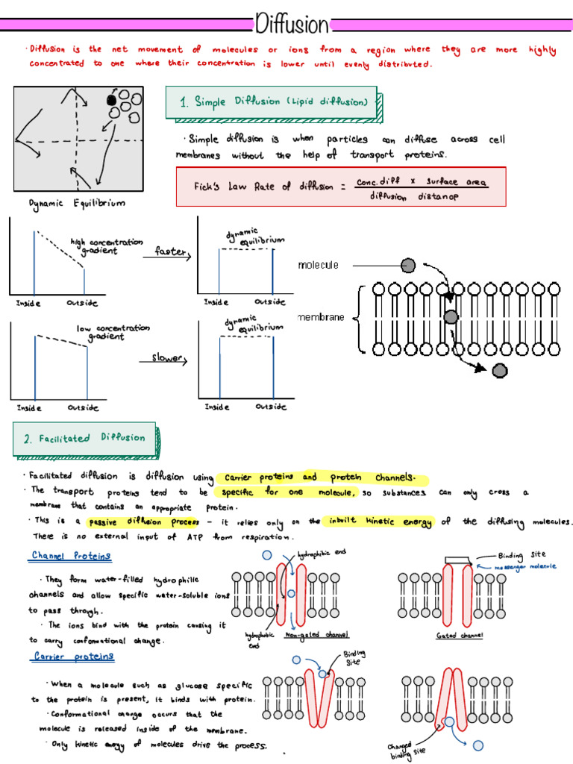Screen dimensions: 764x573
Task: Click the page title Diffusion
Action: pyautogui.click(x=291, y=25)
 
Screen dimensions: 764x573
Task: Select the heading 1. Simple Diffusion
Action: pyautogui.click(x=273, y=102)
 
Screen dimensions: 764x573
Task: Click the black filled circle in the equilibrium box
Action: pyautogui.click(x=111, y=99)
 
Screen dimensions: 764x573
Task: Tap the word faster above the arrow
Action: pyautogui.click(x=169, y=251)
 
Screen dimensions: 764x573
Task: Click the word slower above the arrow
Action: pyautogui.click(x=167, y=358)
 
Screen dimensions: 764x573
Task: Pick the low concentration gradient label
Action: pyautogui.click(x=113, y=332)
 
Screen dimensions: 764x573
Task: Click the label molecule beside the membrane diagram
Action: pyautogui.click(x=319, y=265)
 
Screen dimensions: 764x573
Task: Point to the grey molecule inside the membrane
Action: pyautogui.click(x=451, y=318)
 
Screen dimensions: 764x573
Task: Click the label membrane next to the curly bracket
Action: pyautogui.click(x=322, y=318)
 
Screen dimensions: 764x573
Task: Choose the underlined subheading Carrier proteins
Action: pyautogui.click(x=74, y=657)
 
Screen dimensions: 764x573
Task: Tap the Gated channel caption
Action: pyautogui.click(x=460, y=636)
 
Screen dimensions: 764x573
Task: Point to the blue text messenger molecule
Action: pyautogui.click(x=525, y=567)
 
